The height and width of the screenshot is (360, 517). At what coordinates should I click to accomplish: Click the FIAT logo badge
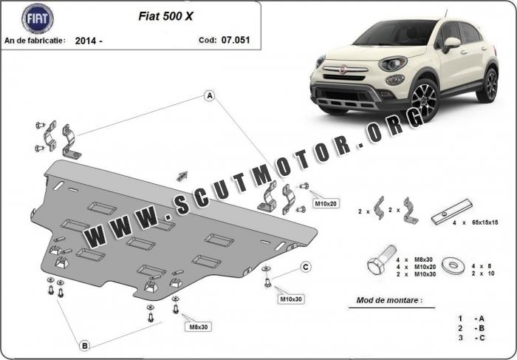click(38, 18)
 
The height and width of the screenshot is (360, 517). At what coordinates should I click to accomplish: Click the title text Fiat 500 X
click(165, 16)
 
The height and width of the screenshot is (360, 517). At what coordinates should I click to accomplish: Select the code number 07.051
click(236, 40)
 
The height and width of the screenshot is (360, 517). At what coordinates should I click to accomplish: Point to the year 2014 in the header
click(86, 41)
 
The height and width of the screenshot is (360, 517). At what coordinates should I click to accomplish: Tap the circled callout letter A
click(210, 96)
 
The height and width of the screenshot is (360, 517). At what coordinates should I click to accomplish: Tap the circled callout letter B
click(85, 346)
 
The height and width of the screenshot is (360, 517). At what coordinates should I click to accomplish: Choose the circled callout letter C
click(306, 267)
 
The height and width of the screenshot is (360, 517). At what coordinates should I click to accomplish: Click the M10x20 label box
click(326, 204)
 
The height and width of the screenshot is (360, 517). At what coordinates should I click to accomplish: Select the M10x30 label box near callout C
click(291, 299)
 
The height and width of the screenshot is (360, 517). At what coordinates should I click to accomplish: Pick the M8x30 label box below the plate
click(199, 327)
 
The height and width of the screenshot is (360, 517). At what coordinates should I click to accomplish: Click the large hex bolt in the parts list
click(381, 260)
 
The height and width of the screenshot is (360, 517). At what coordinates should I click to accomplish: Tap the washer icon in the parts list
click(453, 265)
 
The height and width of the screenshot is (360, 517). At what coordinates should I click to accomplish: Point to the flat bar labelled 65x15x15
click(452, 211)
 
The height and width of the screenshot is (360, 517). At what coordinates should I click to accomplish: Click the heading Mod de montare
click(389, 300)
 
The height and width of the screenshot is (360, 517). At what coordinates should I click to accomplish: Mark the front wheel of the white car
click(424, 101)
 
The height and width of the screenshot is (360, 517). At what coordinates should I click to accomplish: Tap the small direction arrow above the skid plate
click(182, 176)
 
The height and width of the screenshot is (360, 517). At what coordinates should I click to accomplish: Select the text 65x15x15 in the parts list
click(485, 223)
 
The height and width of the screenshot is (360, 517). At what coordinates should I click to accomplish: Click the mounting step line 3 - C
click(471, 338)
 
